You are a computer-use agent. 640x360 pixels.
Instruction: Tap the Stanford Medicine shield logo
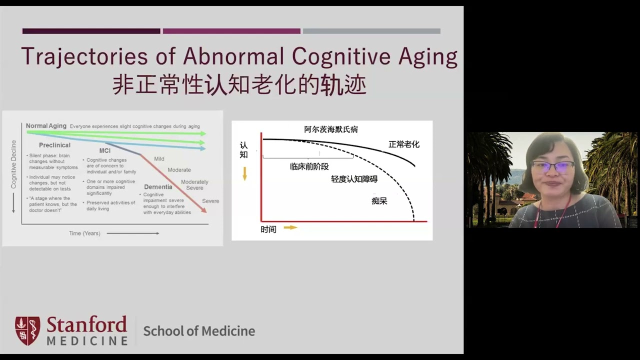coord(27,330)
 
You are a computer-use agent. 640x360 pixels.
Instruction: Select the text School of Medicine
coord(199,331)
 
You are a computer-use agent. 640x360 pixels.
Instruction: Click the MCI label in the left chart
coord(104,150)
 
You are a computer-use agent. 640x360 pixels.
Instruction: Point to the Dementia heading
coord(158,187)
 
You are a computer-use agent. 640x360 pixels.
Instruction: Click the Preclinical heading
coord(54,145)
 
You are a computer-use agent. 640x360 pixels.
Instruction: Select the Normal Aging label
coord(46,126)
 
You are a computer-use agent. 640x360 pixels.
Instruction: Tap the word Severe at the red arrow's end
coord(210,201)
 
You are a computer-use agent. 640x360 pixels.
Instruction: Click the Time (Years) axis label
coord(84,233)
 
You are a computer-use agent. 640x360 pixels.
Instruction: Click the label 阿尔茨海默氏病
coord(331,129)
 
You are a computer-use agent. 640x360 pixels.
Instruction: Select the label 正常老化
coord(404,144)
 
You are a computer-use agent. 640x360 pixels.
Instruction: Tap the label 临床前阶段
coord(309,167)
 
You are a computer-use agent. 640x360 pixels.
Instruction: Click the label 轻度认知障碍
coord(354,179)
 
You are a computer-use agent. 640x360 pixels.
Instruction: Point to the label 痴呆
coord(379,201)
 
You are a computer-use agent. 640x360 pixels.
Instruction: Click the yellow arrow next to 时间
coord(290,227)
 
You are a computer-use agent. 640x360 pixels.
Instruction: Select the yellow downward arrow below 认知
coord(244,173)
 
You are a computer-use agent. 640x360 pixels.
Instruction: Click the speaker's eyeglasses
coord(552,167)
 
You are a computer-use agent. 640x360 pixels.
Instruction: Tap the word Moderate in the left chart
coord(179,170)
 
